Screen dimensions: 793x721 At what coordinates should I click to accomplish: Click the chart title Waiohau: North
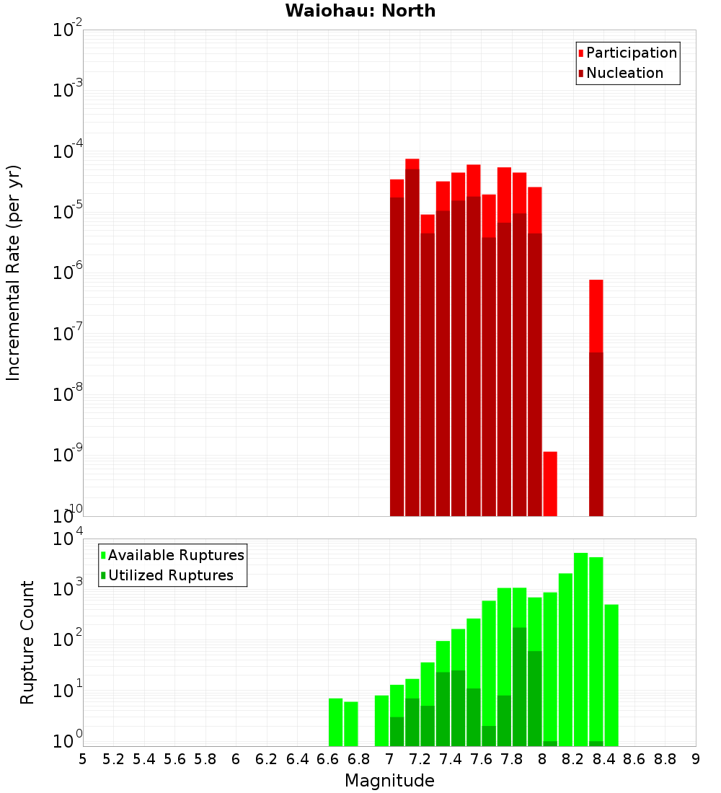pos(360,11)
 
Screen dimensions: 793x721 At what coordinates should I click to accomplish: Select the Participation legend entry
pos(631,53)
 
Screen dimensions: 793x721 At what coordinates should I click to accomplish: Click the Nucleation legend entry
pos(624,73)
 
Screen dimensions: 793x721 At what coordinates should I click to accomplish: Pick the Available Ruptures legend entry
pos(175,555)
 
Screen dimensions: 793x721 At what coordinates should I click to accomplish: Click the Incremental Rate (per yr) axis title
pos(14,273)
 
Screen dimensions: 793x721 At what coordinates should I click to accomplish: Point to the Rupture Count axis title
pos(27,642)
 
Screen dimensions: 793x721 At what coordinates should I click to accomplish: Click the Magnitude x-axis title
pos(389,781)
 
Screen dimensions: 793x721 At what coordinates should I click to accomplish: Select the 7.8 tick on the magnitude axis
pos(512,759)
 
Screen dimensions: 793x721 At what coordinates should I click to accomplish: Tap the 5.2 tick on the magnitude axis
pos(113,759)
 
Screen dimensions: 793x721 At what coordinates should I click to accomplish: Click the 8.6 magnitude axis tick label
pos(634,759)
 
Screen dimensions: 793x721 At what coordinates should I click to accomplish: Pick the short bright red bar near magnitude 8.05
pos(550,483)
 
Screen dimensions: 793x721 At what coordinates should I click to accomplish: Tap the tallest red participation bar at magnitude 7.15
pos(412,164)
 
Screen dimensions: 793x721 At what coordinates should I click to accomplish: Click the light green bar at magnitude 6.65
pos(335,722)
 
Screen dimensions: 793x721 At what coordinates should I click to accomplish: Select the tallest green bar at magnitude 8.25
pos(580,649)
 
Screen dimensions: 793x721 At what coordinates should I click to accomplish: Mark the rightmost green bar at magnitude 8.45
pos(611,675)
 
